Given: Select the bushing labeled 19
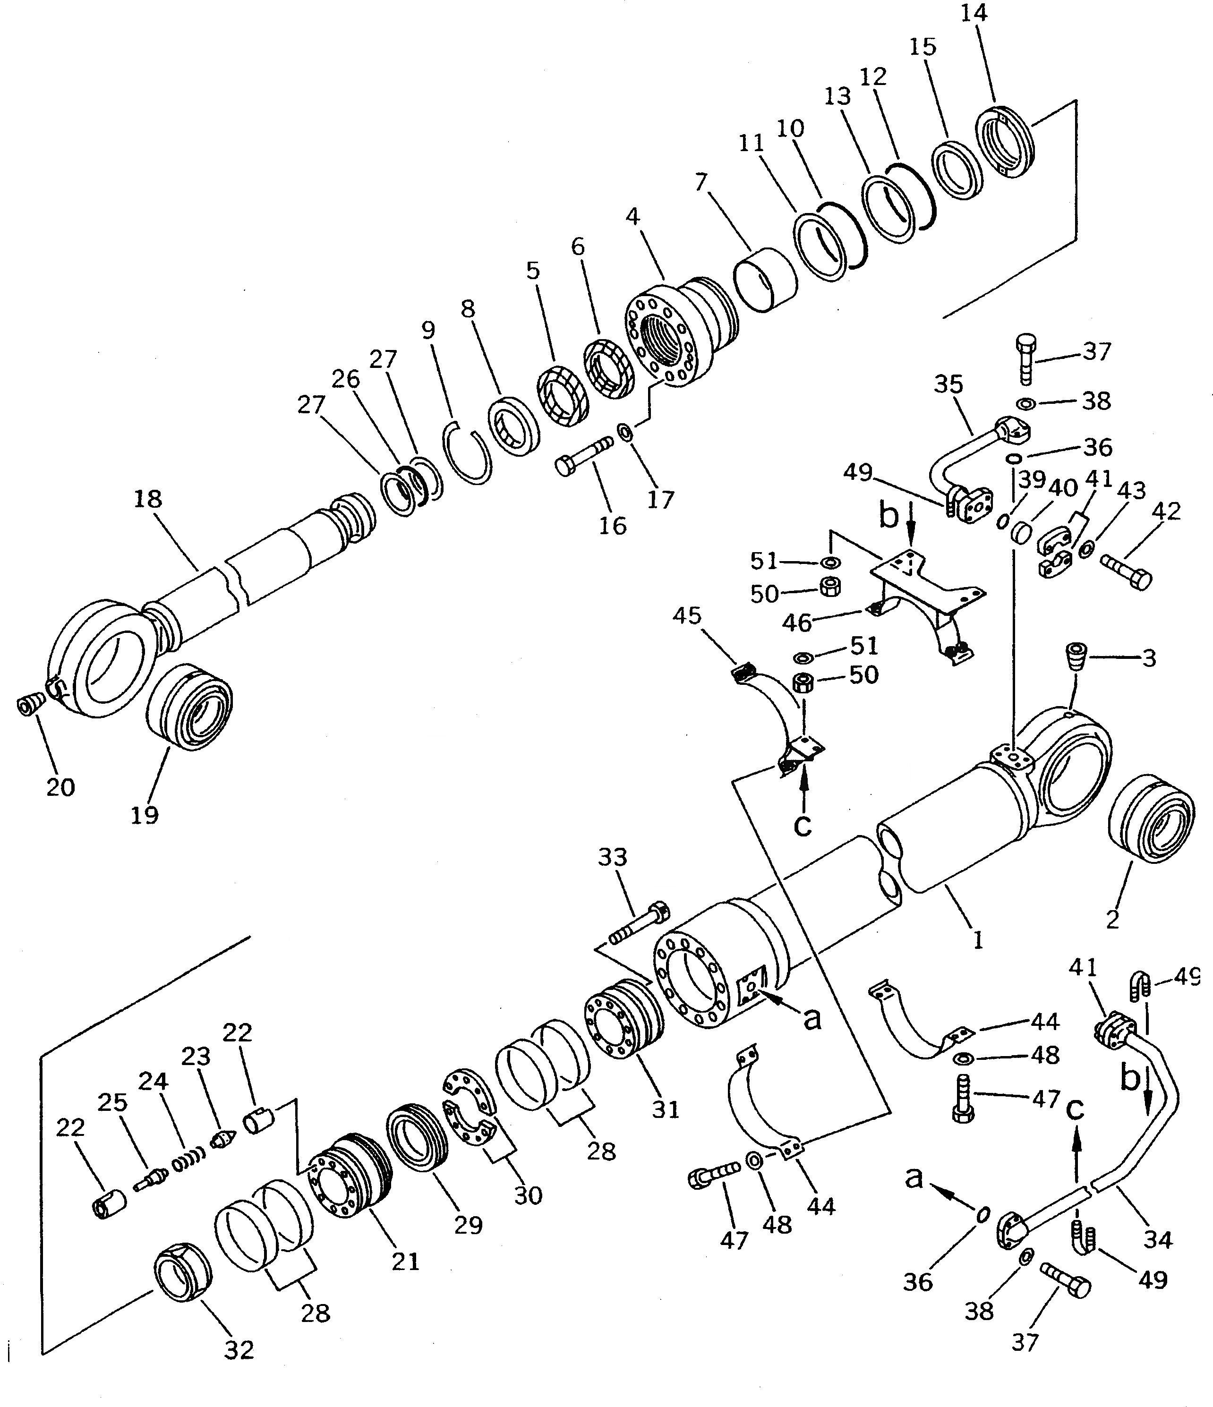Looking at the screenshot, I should tap(189, 706).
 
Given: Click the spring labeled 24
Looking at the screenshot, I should tap(188, 1162).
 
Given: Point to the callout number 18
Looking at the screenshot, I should tap(148, 499).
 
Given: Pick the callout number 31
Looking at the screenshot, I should tap(666, 1109).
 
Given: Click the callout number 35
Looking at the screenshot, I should tap(948, 384).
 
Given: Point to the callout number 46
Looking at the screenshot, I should tap(796, 622).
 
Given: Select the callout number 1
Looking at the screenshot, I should tap(978, 940).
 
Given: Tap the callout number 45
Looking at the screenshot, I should tap(687, 615).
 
